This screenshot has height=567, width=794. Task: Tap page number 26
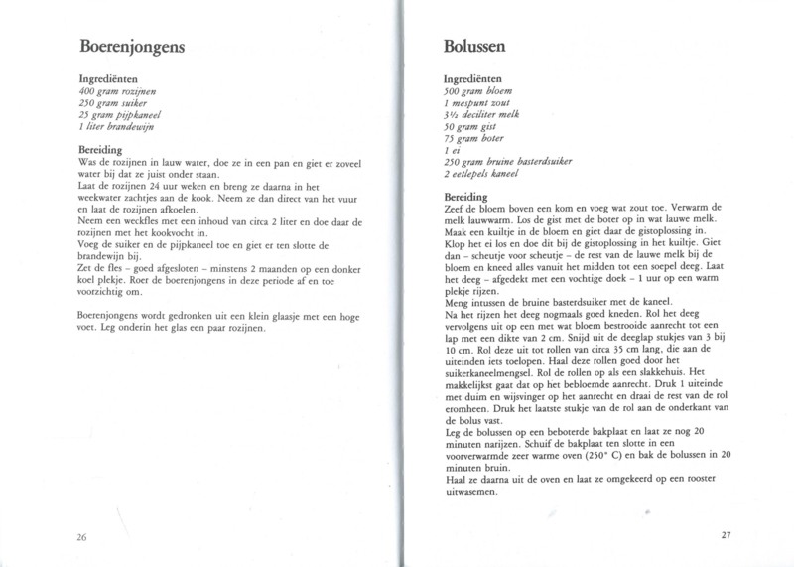coord(82,536)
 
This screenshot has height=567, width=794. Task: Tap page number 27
coord(725,536)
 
